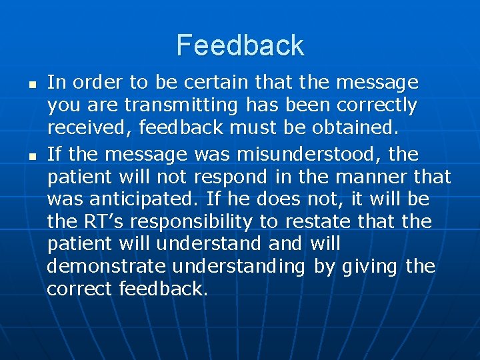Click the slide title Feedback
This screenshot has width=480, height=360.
click(x=240, y=45)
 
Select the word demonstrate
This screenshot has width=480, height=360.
click(x=107, y=267)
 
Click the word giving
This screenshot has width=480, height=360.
click(x=370, y=267)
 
